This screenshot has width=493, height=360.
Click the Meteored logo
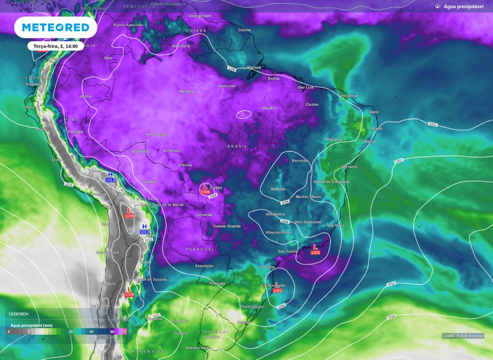pos(55,27)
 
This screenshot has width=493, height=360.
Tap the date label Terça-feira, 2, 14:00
pos(55,46)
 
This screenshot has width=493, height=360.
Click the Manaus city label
pos(186,92)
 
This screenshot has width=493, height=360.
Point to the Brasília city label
pos(278,189)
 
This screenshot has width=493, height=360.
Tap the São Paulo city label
pos(287,252)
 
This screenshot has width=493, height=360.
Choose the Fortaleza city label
pos(349,96)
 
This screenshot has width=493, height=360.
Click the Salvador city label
pos(349,167)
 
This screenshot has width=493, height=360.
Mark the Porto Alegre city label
pos(253,307)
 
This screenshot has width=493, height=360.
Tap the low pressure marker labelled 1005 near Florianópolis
pos(277,288)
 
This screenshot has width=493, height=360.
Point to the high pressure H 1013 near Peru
pos(110,177)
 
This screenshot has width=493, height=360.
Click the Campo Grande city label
pos(227,226)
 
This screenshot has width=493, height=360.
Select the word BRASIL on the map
pos(237,146)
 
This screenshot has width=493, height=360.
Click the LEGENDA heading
pos(19,314)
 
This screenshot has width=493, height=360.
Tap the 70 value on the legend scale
pos(124,332)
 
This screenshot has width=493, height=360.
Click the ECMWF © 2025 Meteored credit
pos(463,336)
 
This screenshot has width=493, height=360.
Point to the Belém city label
pos(274,79)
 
